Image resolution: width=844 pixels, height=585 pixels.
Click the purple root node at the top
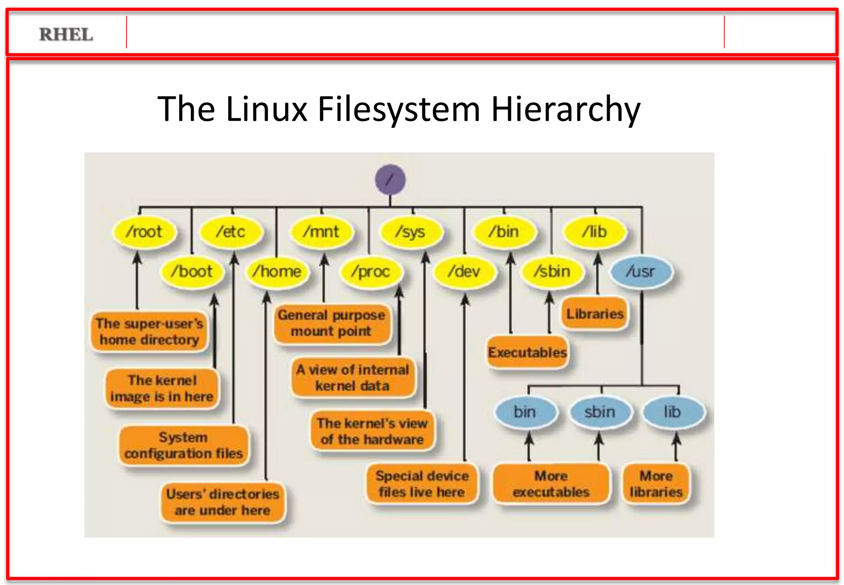(390, 180)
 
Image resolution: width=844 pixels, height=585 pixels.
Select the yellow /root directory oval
(145, 232)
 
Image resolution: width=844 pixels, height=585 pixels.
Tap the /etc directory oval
(231, 232)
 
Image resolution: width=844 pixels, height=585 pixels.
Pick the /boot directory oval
(192, 271)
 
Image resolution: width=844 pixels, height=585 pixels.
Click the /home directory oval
(277, 271)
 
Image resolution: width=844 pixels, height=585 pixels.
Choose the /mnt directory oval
(321, 232)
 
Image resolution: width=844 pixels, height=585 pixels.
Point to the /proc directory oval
(370, 271)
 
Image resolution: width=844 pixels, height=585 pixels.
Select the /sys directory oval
(411, 232)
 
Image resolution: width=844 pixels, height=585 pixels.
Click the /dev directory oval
(464, 271)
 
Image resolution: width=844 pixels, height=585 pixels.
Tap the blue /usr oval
(641, 271)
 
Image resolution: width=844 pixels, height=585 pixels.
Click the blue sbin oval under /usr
(600, 412)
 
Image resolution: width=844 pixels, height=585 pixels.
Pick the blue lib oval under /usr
(673, 412)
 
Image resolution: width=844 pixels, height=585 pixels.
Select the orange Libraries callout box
(595, 314)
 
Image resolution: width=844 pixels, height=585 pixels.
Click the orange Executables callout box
(527, 353)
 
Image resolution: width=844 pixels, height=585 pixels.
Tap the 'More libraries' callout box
(656, 484)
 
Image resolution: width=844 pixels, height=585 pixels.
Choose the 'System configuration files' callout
(184, 446)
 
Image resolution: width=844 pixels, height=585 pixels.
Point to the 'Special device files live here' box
(422, 484)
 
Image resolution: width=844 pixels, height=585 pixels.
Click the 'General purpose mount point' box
(332, 323)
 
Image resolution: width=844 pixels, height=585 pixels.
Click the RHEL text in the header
(66, 35)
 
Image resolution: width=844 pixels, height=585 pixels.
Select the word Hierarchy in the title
(565, 109)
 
